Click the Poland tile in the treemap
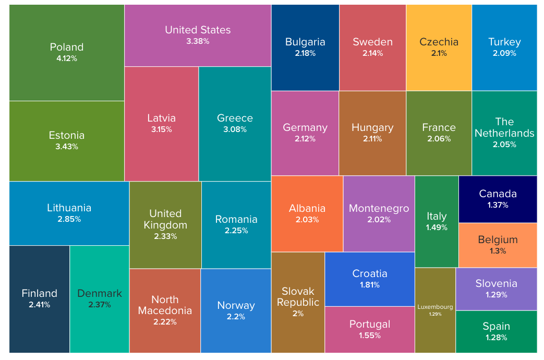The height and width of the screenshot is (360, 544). point(67,53)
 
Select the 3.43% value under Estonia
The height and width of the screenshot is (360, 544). point(67,147)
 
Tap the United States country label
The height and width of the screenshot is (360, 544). point(198,30)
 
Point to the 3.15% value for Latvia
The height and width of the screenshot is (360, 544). point(161,129)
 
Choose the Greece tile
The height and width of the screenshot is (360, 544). point(235,124)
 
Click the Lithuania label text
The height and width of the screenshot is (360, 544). point(69,208)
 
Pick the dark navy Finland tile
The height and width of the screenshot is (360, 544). point(40,298)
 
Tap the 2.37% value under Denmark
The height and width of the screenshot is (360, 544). point(99,305)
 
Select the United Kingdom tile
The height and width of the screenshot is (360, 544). point(165,225)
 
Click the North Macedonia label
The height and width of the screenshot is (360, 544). point(165,305)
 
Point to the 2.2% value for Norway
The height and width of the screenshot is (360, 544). point(236,317)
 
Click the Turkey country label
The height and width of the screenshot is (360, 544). point(504,42)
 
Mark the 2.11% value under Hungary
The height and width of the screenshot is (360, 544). point(372,139)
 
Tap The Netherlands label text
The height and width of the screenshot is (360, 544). point(504,127)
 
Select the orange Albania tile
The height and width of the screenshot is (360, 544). point(307,213)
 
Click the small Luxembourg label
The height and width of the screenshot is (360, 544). point(435,307)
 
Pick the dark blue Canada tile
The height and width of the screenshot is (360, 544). point(498,199)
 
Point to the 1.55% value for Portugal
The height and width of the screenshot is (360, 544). point(369,335)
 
